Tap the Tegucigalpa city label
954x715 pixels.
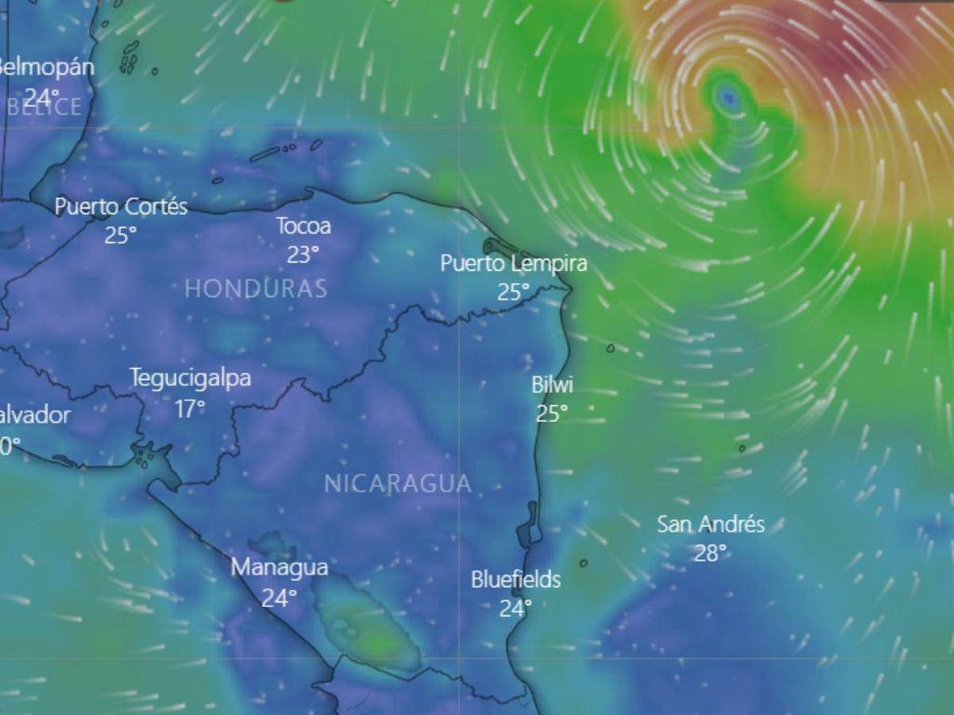190,378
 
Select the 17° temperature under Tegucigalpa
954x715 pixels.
190,408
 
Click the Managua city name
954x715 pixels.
279,567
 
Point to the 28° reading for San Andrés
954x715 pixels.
710,553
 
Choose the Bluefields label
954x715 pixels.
515,579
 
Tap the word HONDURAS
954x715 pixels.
255,288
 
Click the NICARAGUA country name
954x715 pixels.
397,483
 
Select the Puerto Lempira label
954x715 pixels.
514,263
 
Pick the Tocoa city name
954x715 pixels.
303,226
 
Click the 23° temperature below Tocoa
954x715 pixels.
303,254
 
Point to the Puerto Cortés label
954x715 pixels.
121,207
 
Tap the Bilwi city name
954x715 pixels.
552,385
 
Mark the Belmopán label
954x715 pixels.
45,67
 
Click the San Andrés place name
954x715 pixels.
710,524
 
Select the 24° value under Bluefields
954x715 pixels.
515,609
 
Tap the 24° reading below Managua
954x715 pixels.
279,597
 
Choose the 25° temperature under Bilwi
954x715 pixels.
552,414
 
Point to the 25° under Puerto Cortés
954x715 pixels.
121,235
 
